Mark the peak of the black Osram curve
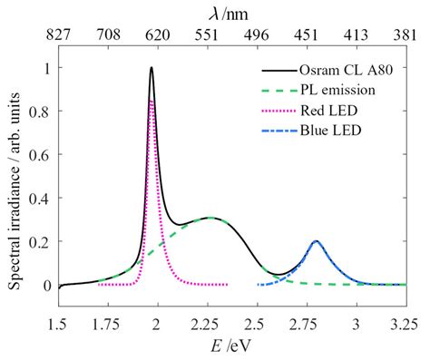[151, 67]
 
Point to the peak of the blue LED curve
[316, 241]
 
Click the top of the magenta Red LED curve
[151, 101]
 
